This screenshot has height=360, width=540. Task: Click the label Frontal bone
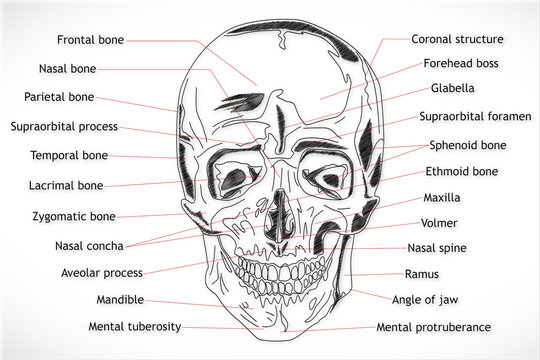coord(91,40)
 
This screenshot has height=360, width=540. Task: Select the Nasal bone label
coord(69,69)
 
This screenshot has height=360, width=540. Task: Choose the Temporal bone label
coord(69,156)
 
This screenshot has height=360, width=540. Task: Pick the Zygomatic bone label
coord(74,215)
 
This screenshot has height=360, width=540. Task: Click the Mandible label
coord(120,299)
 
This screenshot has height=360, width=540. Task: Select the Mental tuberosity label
coord(136,327)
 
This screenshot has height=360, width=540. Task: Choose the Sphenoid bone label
coord(467,145)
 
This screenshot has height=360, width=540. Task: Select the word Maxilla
coord(442,197)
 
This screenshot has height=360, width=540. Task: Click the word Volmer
coord(440,223)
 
